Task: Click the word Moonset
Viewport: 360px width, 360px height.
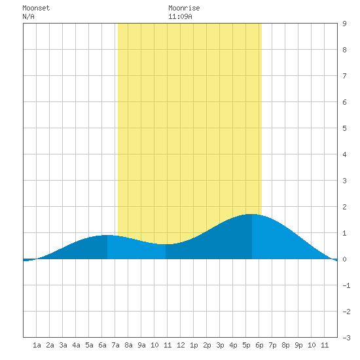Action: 36,8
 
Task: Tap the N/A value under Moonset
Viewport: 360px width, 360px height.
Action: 28,16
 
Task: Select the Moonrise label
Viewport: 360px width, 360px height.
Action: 184,8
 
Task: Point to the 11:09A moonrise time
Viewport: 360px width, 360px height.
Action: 180,16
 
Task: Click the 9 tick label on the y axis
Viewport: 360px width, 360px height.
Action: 344,24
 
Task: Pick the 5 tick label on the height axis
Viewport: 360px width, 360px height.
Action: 344,128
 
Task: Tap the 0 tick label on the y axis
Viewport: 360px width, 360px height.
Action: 344,259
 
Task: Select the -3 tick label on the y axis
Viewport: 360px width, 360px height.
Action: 347,338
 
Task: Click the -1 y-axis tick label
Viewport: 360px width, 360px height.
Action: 347,285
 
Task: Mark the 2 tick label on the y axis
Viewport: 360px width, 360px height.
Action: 344,207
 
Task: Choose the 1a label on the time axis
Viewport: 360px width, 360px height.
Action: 37,345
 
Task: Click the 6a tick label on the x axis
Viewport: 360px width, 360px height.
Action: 102,345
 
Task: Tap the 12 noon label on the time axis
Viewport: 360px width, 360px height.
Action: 181,345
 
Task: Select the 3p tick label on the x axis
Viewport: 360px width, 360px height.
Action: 220,345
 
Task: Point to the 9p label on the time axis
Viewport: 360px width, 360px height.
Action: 298,345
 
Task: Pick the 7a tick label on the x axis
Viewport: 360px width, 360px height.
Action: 115,345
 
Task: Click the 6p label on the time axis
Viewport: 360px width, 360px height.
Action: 259,345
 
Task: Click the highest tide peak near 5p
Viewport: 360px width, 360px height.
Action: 252,214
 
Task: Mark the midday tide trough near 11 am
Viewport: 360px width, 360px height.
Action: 166,244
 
